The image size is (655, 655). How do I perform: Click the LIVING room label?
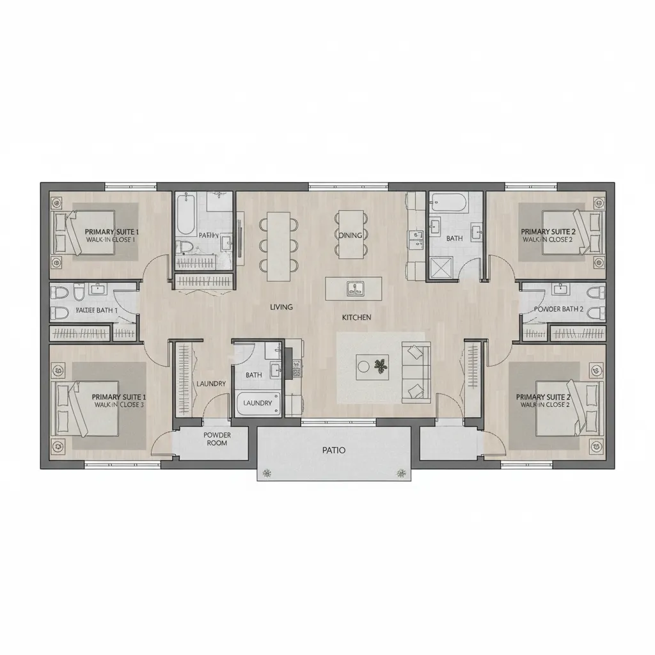tap(281, 307)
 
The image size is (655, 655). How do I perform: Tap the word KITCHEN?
tap(357, 317)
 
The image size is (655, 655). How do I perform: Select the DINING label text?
tap(351, 235)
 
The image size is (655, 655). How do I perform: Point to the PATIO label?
tap(334, 450)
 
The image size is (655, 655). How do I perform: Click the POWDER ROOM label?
tap(217, 439)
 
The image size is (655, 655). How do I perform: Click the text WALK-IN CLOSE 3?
tap(119, 405)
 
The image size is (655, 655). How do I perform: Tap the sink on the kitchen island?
tap(353, 288)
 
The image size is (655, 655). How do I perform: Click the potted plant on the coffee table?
tap(381, 367)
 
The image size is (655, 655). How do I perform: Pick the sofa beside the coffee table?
tap(416, 373)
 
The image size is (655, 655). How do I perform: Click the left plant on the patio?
tap(266, 473)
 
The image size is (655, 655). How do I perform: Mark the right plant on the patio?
tap(402, 473)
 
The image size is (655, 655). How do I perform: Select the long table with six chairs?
tap(278, 246)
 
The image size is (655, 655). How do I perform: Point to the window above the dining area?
tap(349, 186)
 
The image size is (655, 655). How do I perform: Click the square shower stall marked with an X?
tap(441, 267)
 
